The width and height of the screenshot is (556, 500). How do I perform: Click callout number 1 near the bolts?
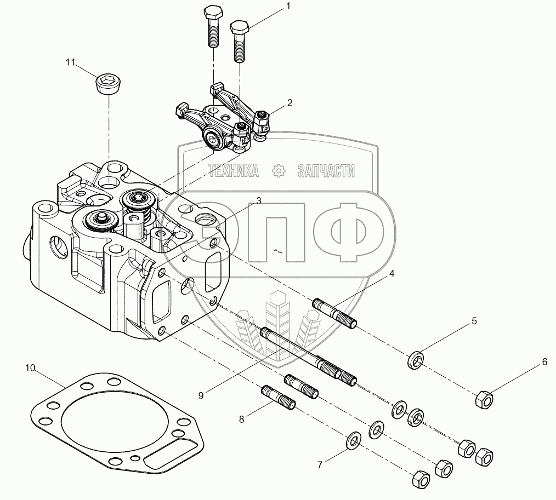coord(287,7)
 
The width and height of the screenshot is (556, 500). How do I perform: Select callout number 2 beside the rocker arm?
coord(289,102)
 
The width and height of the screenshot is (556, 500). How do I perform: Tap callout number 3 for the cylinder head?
coord(258,200)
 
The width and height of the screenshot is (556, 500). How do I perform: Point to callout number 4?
coord(391,273)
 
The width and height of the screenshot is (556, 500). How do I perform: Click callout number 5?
coord(474,320)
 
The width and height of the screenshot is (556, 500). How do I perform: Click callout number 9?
coord(201,394)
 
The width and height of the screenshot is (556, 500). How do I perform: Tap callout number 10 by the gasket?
coord(30,367)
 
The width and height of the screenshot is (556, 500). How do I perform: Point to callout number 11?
coord(70,62)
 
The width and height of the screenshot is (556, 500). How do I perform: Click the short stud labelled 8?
coord(279,398)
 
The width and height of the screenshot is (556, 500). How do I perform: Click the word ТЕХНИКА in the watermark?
coord(234,171)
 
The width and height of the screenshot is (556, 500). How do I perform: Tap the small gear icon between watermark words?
coord(279,171)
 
